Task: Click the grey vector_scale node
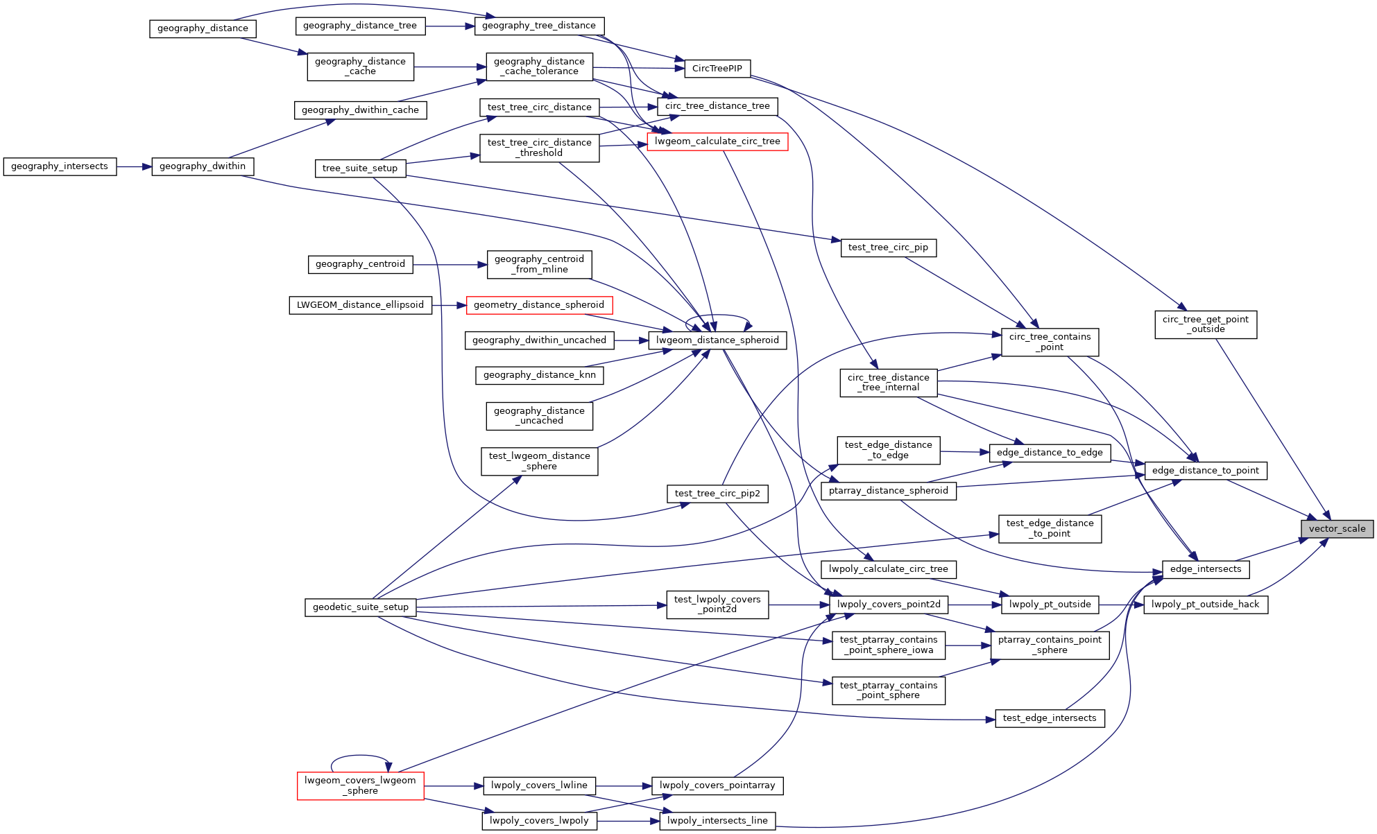[1337, 529]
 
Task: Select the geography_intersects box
[60, 166]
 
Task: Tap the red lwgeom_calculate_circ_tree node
[717, 141]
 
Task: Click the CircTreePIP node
[717, 69]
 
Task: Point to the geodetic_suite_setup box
[361, 607]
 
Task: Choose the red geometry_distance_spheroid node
[539, 305]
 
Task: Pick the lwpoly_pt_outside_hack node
[1205, 605]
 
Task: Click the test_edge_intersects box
[1050, 718]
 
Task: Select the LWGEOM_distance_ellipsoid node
[360, 305]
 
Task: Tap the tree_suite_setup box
[360, 168]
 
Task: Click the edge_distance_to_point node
[1205, 471]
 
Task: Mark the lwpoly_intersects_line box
[717, 821]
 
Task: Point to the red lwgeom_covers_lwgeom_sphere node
[360, 785]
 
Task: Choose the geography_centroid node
[360, 264]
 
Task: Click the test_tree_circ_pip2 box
[717, 494]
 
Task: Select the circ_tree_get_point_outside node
[1205, 324]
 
